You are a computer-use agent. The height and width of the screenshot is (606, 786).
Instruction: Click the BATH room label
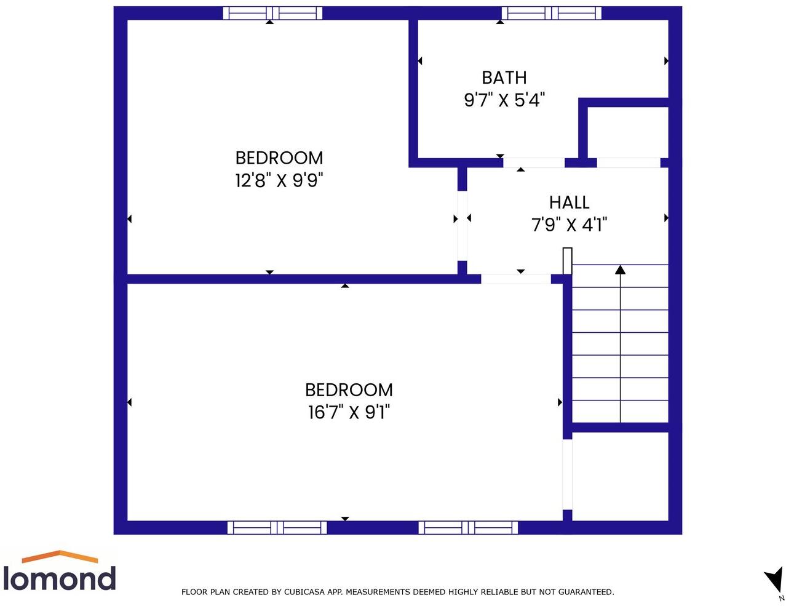[504, 78]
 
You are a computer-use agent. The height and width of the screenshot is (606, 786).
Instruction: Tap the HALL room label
[569, 202]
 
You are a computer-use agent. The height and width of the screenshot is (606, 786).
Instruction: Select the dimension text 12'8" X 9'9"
[279, 180]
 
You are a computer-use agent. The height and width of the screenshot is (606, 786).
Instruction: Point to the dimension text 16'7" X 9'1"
[349, 412]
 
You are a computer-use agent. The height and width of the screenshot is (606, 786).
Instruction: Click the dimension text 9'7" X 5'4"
[504, 100]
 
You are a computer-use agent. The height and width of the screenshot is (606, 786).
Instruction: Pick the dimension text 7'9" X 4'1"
[569, 225]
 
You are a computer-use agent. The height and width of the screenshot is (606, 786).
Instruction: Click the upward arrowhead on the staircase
[620, 269]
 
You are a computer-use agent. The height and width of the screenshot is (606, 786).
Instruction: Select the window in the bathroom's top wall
[551, 13]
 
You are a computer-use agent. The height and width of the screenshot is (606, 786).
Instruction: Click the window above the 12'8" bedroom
[272, 13]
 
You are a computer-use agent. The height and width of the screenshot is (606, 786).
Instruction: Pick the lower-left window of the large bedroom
[277, 527]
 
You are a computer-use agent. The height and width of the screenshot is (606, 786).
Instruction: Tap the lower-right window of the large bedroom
[468, 527]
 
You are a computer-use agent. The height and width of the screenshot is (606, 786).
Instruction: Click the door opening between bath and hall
[534, 162]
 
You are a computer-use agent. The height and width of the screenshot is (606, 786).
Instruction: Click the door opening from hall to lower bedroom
[515, 279]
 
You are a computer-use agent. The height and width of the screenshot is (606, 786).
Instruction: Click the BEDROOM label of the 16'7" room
[349, 389]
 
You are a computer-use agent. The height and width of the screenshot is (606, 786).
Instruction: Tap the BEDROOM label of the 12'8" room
[279, 158]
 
